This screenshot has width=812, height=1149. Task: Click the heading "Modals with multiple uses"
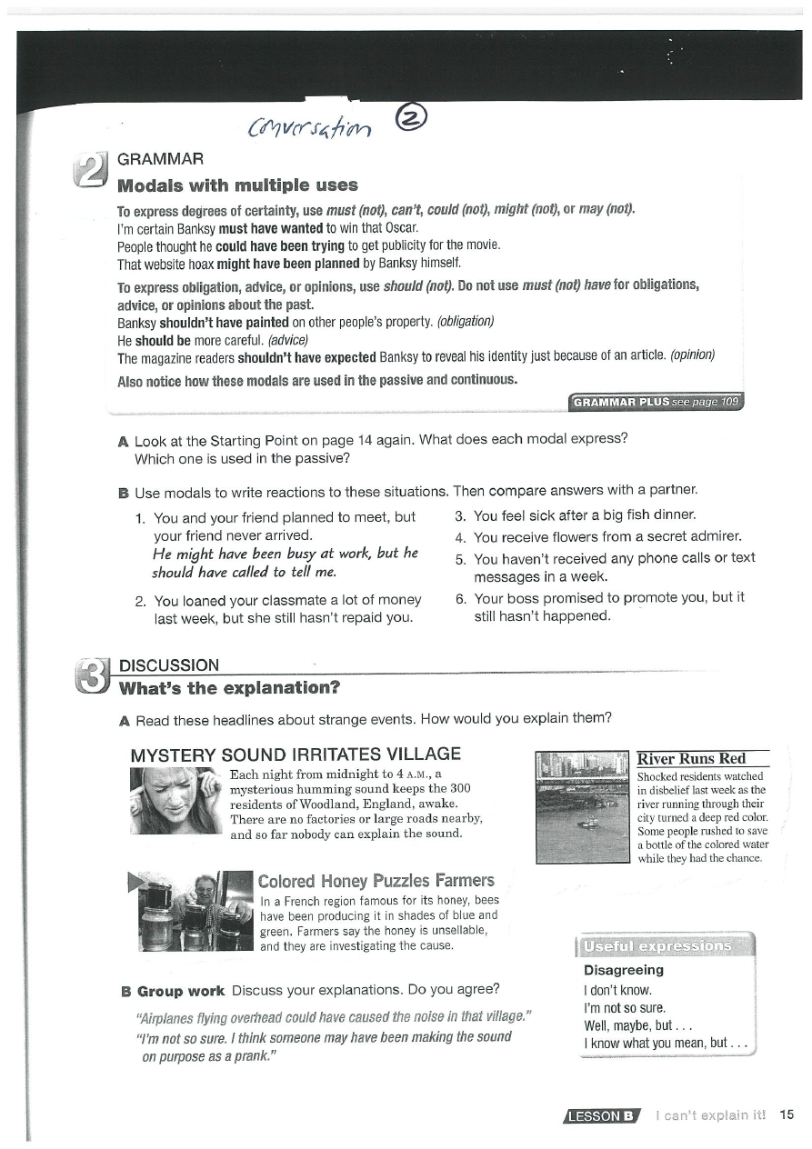click(238, 185)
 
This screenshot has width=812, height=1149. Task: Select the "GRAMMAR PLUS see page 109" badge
click(656, 402)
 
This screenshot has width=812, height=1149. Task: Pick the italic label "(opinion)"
click(692, 357)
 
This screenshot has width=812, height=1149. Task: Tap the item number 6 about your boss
click(461, 598)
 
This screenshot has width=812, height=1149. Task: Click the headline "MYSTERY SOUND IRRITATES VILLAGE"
click(296, 754)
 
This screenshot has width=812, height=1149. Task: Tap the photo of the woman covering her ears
click(175, 801)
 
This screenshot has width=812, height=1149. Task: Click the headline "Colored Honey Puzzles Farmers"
click(376, 880)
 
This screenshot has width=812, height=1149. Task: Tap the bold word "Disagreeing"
click(623, 970)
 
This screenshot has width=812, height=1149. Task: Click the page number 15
click(787, 1114)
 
